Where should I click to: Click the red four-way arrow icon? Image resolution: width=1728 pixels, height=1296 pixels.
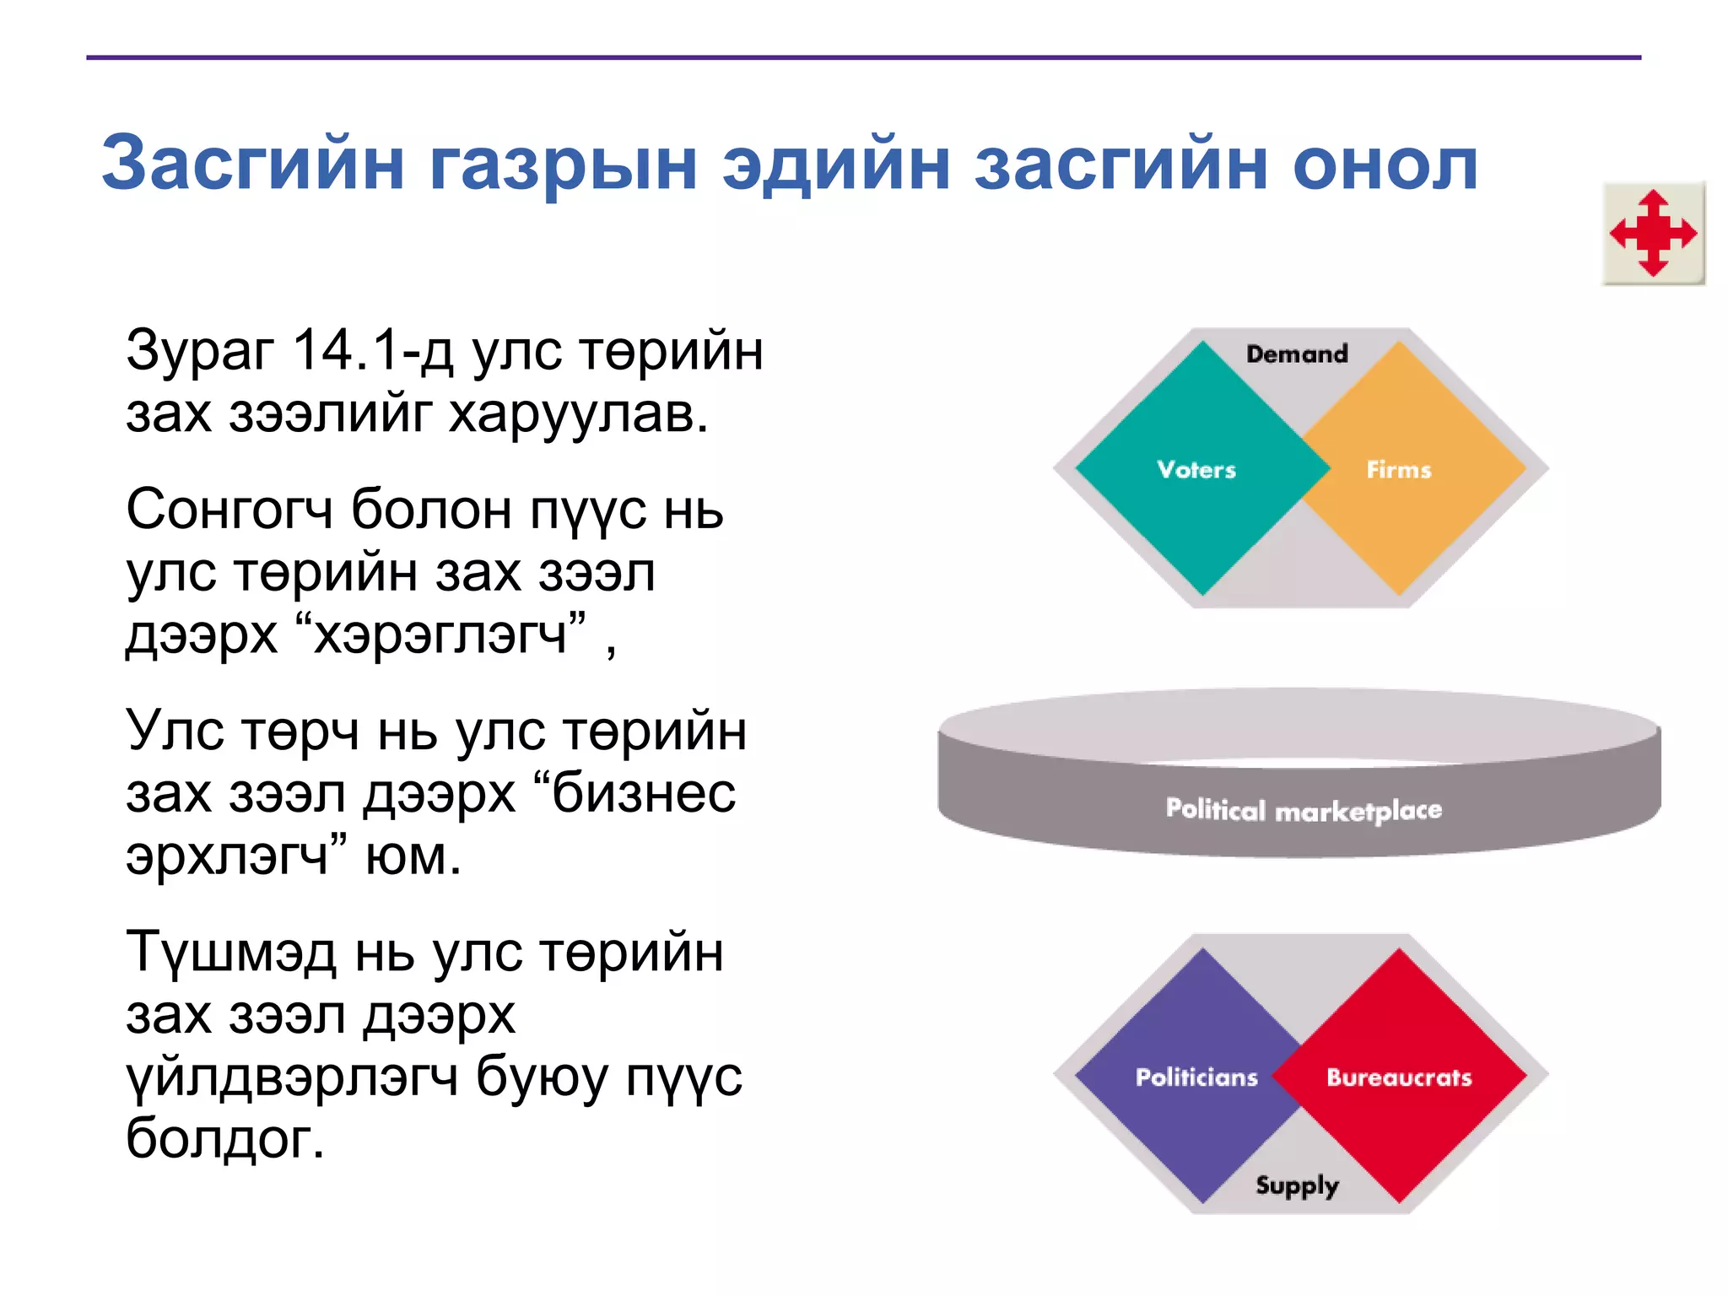[x=1653, y=234]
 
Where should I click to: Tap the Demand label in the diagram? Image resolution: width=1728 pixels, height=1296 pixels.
[x=1297, y=354]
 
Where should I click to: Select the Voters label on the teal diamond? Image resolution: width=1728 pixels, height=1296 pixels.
[x=1196, y=469]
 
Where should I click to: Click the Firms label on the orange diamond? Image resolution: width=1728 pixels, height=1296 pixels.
[x=1398, y=469]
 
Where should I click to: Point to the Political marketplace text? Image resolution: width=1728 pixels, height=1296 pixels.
[x=1304, y=810]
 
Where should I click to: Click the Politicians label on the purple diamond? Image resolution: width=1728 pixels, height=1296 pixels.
[x=1196, y=1077]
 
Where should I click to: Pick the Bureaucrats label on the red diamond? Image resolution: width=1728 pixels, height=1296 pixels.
[x=1399, y=1077]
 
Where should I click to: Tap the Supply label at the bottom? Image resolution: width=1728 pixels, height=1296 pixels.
[x=1297, y=1185]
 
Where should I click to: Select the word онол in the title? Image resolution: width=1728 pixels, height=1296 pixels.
[x=1385, y=164]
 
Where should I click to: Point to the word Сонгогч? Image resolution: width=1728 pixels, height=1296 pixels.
[x=229, y=510]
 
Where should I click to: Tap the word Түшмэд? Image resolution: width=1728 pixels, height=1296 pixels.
[x=230, y=953]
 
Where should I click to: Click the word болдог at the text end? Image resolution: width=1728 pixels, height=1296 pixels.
[x=224, y=1139]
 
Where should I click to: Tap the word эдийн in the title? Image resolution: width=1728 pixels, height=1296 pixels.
[x=836, y=164]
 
